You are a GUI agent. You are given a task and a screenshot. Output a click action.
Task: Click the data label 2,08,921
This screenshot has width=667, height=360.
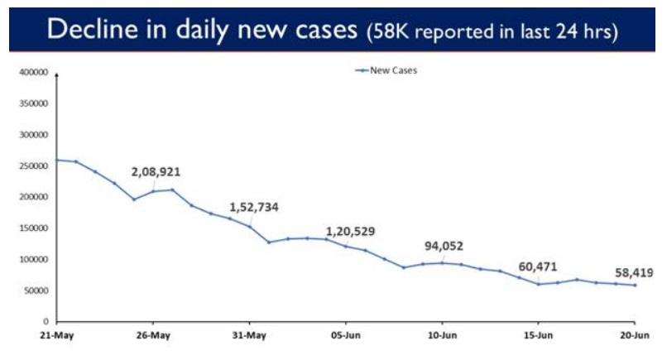click(x=156, y=172)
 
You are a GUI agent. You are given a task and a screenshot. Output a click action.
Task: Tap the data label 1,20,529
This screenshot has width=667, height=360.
click(x=350, y=231)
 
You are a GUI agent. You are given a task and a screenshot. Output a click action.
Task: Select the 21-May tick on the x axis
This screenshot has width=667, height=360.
click(x=56, y=336)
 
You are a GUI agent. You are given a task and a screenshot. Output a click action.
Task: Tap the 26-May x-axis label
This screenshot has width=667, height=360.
click(x=153, y=336)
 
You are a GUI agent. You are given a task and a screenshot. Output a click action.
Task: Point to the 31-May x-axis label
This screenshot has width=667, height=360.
click(x=249, y=336)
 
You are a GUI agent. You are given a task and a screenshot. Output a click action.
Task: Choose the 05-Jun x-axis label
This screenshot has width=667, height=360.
click(x=345, y=336)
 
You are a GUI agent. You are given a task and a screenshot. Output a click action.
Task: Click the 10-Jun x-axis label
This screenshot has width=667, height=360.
click(x=442, y=336)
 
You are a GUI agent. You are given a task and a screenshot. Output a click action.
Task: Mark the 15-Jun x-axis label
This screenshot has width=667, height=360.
click(x=538, y=336)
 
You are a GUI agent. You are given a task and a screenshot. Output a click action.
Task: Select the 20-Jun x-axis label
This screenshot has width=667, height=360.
click(x=635, y=336)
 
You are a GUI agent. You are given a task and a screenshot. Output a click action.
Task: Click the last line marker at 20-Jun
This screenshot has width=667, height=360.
click(x=635, y=286)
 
